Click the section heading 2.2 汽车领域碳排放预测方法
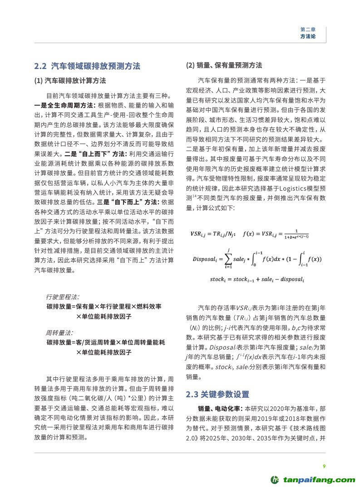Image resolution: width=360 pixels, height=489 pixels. coord(87,66)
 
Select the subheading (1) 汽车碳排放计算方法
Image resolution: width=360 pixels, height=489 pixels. coord(70,81)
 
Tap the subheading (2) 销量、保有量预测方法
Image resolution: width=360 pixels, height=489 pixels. coord(224,65)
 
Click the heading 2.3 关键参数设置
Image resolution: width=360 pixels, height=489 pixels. coord(217,394)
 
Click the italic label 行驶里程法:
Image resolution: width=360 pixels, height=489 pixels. coord(62,297)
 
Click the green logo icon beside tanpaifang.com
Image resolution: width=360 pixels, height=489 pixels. coord(275,479)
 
